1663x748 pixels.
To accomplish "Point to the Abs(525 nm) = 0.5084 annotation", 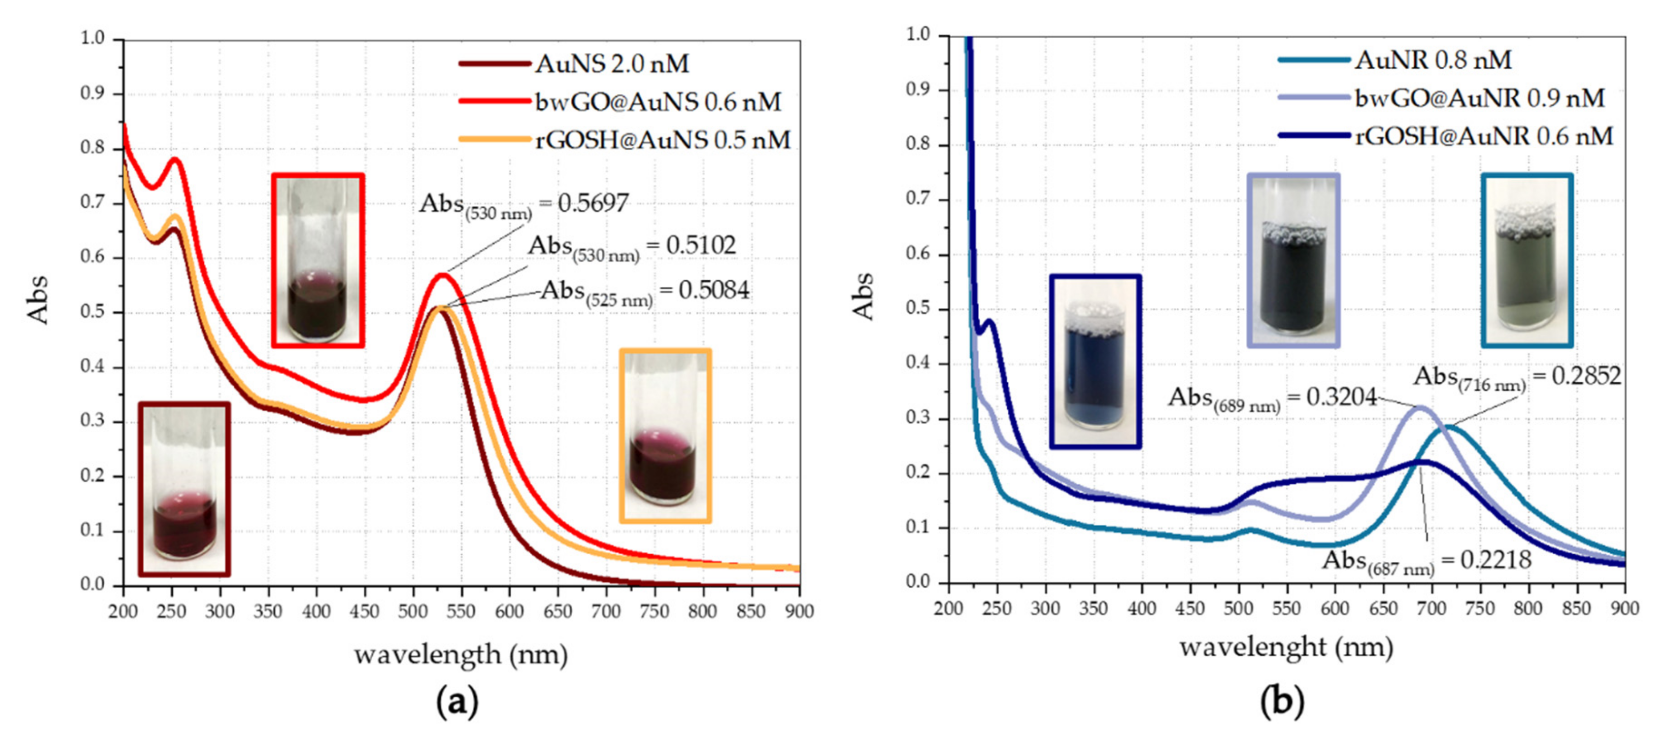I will click(644, 291).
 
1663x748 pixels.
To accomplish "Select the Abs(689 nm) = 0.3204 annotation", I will click(1272, 397).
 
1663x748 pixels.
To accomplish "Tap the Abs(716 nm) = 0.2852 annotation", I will click(1517, 376).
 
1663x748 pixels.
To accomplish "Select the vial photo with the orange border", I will click(665, 435).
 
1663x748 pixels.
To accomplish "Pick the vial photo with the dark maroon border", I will click(184, 489).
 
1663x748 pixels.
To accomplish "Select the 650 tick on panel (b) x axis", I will click(1383, 608).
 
